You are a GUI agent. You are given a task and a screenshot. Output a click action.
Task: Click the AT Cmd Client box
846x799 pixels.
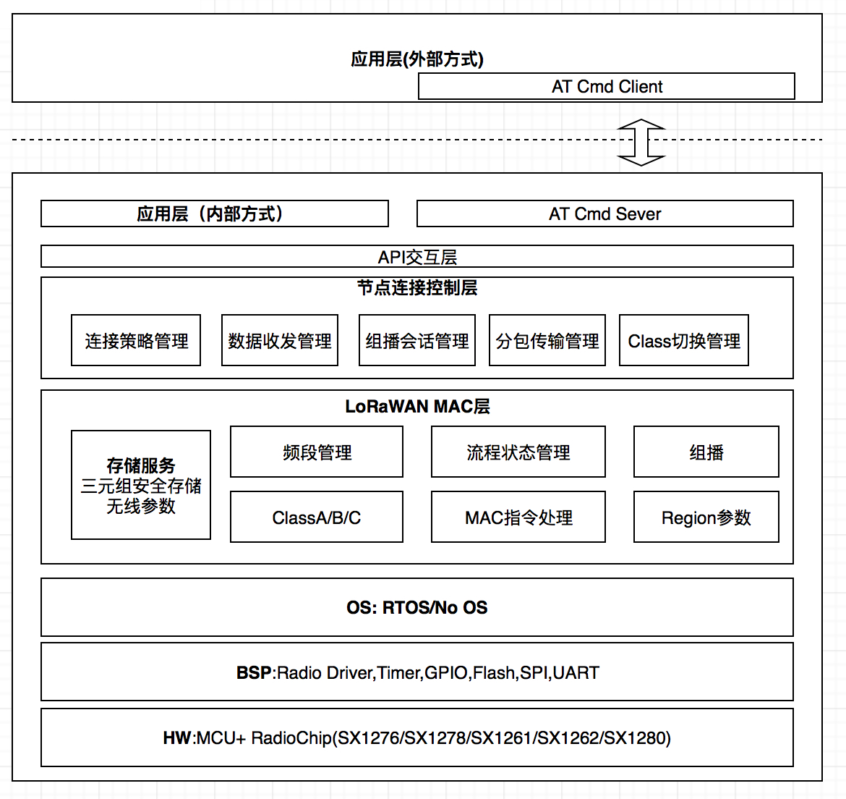[607, 86]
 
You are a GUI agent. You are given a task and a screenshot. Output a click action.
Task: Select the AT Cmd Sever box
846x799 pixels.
[604, 214]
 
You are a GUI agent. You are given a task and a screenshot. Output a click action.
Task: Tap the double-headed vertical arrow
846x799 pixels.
[641, 143]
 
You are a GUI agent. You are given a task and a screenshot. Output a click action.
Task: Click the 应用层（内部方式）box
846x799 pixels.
[215, 214]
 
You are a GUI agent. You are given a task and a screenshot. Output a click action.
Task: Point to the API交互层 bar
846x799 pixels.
[417, 256]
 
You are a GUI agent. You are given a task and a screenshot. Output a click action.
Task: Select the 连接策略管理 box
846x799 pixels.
[136, 340]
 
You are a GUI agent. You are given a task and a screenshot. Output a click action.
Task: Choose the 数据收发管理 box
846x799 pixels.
[280, 340]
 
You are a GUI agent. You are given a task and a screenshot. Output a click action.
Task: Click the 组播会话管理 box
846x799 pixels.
[417, 340]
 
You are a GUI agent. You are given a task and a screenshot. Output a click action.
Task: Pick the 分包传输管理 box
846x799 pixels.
[547, 340]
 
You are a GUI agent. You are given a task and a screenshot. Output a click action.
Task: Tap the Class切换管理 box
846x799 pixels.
[683, 340]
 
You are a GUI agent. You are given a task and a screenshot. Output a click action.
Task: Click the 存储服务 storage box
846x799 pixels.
[141, 485]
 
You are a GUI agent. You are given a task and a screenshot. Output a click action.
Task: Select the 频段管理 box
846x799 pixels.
[317, 452]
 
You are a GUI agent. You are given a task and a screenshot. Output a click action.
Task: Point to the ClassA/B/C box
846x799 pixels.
[317, 517]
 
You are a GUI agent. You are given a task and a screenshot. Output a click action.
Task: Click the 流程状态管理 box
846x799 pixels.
[518, 452]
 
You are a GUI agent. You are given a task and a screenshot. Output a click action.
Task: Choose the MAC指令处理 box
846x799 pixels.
[518, 517]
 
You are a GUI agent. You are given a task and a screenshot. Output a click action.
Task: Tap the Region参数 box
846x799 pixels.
[706, 517]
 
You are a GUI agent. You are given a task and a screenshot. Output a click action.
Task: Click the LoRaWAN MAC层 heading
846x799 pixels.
[418, 407]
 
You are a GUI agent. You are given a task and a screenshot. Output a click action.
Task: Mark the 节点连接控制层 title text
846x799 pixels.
[417, 288]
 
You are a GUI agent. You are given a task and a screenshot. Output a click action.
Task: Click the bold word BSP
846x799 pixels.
[254, 672]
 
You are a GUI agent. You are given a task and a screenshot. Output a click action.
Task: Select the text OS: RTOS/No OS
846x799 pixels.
[417, 607]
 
